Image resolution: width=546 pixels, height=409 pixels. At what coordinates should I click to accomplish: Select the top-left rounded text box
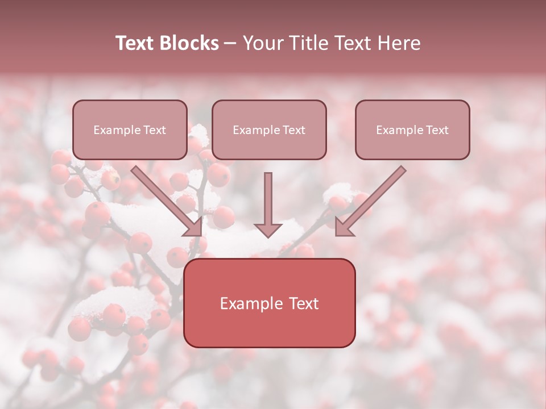pyautogui.click(x=130, y=130)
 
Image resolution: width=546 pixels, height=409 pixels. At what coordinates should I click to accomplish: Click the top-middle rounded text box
pyautogui.click(x=269, y=130)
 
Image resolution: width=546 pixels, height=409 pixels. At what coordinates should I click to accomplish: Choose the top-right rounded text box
pyautogui.click(x=412, y=130)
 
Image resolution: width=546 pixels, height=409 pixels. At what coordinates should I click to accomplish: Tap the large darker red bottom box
pyautogui.click(x=269, y=303)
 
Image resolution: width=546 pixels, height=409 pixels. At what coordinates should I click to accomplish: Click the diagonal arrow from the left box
pyautogui.click(x=168, y=201)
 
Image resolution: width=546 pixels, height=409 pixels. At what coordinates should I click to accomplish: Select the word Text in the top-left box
pyautogui.click(x=155, y=130)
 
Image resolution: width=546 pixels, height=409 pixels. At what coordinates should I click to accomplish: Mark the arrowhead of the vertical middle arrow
pyautogui.click(x=268, y=229)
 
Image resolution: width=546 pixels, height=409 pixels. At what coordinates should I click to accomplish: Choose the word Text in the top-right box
pyautogui.click(x=437, y=130)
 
